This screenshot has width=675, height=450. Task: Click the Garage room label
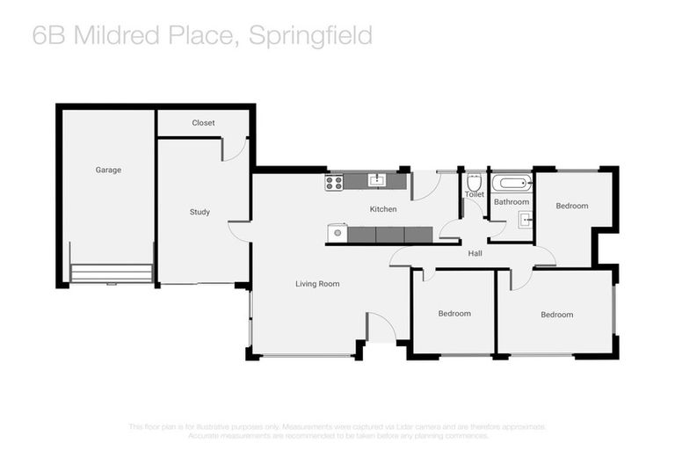(108, 170)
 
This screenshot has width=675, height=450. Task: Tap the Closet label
(203, 123)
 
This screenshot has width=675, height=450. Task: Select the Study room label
(200, 212)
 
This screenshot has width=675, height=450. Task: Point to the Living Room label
(316, 284)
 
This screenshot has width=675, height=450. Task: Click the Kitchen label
(383, 209)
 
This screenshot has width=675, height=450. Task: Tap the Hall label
(475, 253)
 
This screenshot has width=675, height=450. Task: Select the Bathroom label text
(511, 201)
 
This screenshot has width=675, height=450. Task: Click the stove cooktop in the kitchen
(334, 183)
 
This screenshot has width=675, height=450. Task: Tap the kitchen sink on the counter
(377, 181)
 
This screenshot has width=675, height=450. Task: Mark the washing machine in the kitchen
(337, 234)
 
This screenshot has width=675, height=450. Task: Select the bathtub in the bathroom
(512, 184)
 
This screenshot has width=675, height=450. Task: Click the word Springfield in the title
(310, 35)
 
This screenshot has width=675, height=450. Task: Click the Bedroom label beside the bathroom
(571, 206)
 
